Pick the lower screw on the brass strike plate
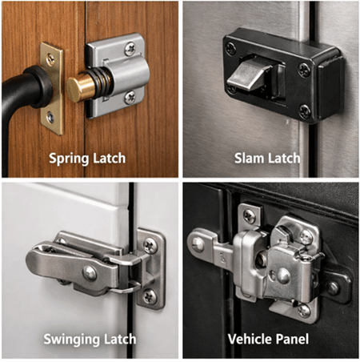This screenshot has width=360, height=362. point(50,117)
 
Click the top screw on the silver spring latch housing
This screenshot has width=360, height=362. point(130,50)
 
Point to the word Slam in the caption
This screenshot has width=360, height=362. point(249,157)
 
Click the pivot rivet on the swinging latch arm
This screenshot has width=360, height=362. point(90,272)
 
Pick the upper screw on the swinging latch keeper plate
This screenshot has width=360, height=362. point(149,247)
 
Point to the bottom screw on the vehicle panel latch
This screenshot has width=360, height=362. point(303,308)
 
